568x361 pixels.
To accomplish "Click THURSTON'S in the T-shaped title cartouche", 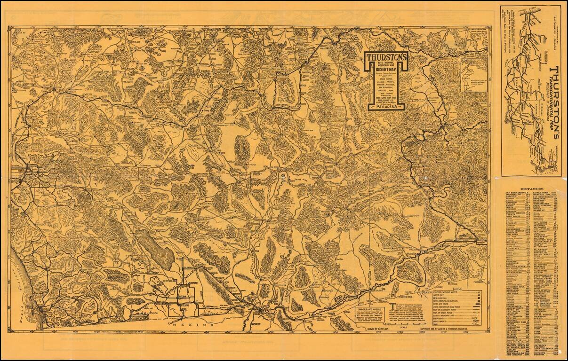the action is click(x=385, y=55).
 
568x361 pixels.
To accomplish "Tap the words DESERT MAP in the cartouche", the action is click(x=385, y=70).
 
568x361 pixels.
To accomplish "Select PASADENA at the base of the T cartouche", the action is click(x=385, y=107).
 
